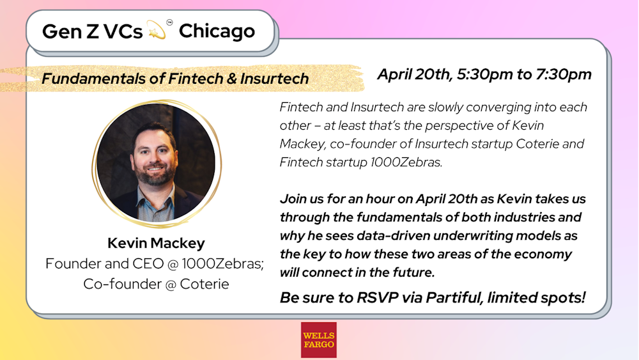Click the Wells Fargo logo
[x=319, y=340]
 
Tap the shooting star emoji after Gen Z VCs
[x=157, y=30]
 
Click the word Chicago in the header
[x=217, y=31]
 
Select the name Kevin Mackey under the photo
[x=156, y=243]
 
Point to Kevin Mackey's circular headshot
[x=156, y=163]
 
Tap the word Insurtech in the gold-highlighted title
[x=274, y=78]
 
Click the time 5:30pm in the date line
[x=484, y=75]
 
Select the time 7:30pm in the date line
[x=564, y=75]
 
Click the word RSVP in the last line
[x=378, y=297]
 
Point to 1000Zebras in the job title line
[x=222, y=264]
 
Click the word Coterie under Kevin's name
[x=204, y=284]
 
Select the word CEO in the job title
[x=148, y=264]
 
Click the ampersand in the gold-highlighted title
[x=231, y=79]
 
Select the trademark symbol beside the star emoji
[x=169, y=22]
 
